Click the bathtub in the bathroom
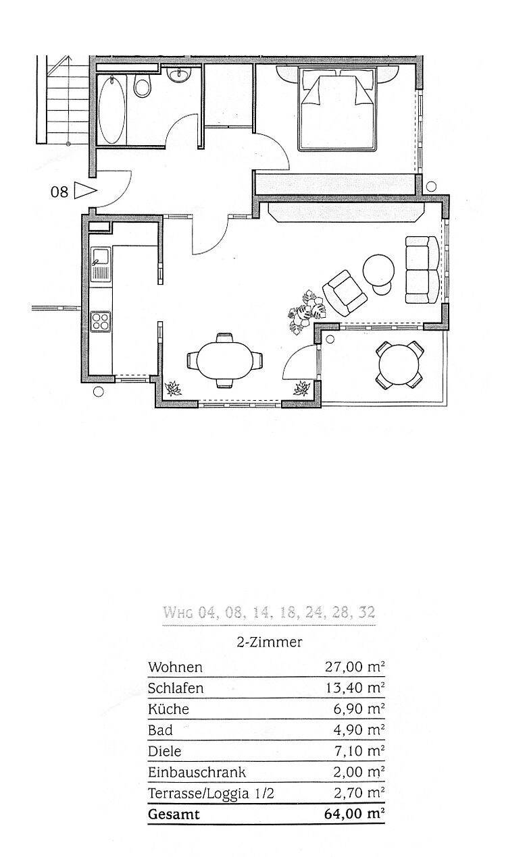tap(111, 110)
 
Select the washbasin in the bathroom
tap(180, 76)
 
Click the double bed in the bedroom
tap(337, 109)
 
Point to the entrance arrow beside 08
tap(84, 190)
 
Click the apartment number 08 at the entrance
tap(59, 192)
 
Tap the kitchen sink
tap(101, 264)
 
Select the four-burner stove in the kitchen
tap(101, 321)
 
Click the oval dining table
tap(225, 361)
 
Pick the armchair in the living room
tap(345, 293)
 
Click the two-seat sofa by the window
tap(422, 270)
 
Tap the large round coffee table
tap(378, 270)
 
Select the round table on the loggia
tap(399, 364)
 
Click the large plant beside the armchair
tap(306, 312)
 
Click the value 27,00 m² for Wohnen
tap(355, 667)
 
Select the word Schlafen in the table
tap(176, 688)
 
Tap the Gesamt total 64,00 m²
tap(355, 814)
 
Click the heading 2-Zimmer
tap(270, 642)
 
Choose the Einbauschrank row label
tap(197, 772)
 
